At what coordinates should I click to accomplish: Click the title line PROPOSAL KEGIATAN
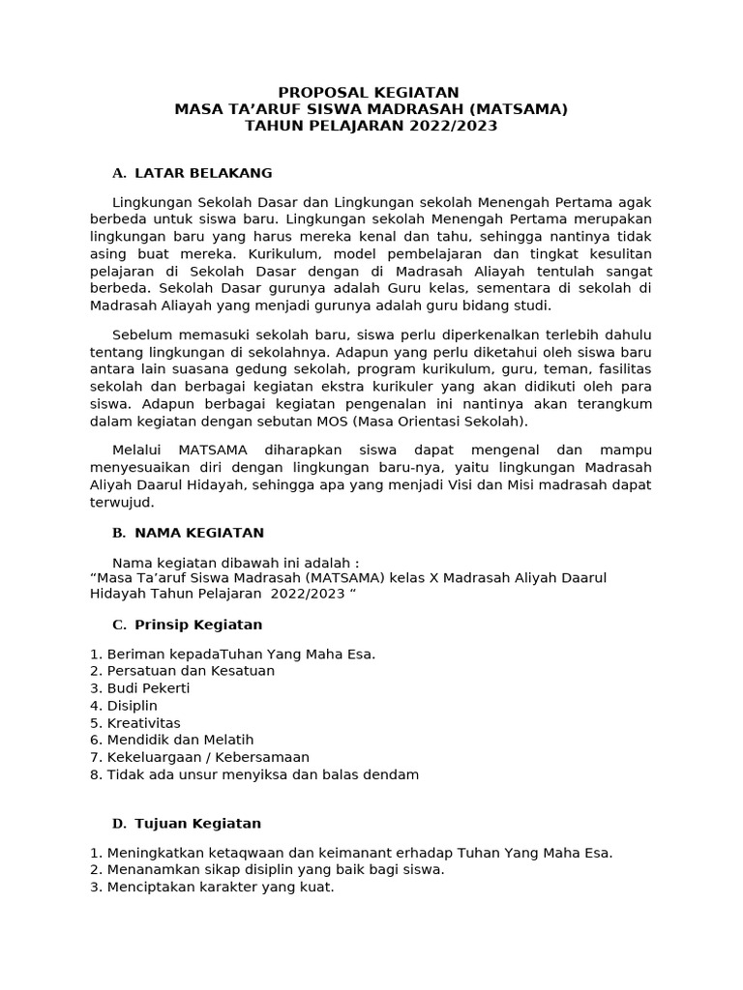click(371, 92)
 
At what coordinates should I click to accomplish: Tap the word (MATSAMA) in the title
click(517, 109)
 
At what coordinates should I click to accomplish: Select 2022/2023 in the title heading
click(453, 127)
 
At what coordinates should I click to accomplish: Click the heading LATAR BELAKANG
click(203, 173)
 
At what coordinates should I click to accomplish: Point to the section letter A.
click(119, 173)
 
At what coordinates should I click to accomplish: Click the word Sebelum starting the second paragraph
click(141, 335)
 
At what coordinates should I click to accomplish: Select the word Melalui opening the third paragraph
click(139, 451)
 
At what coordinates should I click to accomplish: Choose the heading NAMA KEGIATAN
click(199, 533)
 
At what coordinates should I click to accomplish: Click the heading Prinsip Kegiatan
click(198, 625)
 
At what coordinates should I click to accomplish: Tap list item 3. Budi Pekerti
click(140, 688)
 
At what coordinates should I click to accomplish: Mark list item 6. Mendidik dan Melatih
click(171, 741)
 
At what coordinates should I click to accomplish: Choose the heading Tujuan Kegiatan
click(197, 824)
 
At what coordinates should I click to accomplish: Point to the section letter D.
click(119, 824)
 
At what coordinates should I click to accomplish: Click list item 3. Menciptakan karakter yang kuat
click(212, 888)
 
